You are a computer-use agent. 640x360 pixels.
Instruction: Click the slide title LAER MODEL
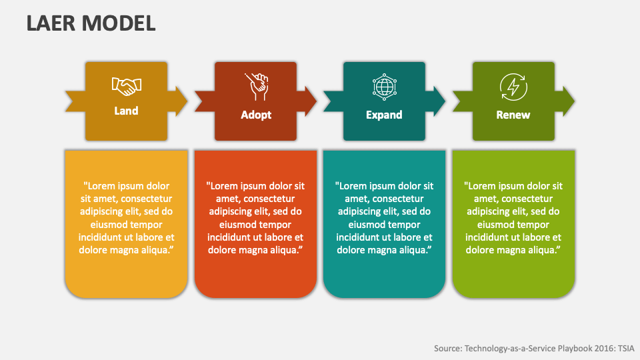[91, 23]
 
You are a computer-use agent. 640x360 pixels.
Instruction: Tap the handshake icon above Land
[126, 85]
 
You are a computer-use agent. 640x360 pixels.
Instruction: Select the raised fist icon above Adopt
[256, 85]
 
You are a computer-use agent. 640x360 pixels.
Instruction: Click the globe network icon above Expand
[384, 86]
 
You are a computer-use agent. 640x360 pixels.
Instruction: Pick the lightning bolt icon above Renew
[513, 86]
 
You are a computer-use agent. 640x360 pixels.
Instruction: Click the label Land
[126, 111]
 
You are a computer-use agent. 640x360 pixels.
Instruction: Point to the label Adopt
[256, 115]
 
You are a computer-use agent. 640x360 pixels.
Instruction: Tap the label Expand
[384, 115]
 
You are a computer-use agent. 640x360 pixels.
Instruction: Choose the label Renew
[513, 115]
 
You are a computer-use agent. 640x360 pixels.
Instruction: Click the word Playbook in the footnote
[555, 347]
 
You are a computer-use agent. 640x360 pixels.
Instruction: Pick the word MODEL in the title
[120, 23]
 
